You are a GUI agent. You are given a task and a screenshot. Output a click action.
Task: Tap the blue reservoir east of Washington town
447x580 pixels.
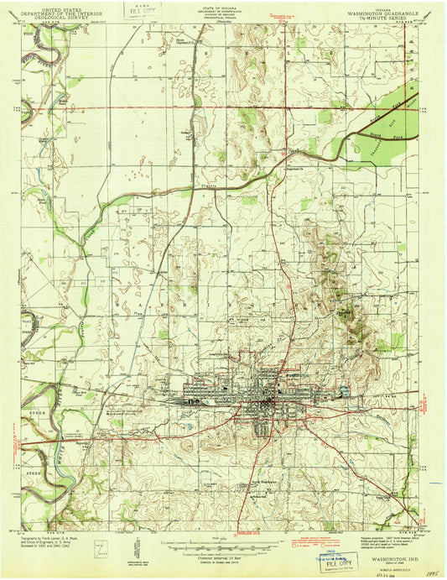(342, 389)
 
